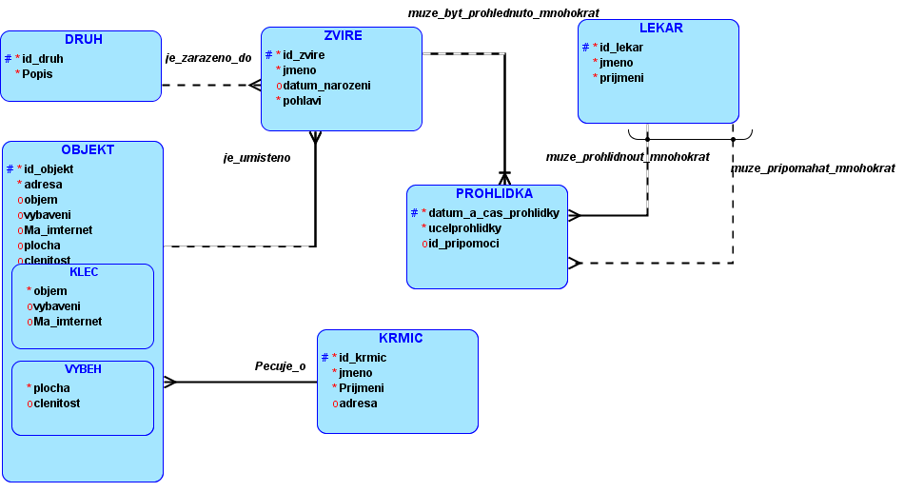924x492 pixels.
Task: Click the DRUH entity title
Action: click(x=84, y=40)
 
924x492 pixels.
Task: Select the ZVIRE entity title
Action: click(x=343, y=36)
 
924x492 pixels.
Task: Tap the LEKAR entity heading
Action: click(x=660, y=29)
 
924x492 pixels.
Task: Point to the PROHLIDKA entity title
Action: click(x=494, y=194)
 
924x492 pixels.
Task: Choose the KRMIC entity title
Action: click(x=401, y=339)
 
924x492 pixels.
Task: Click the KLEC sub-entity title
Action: click(x=84, y=272)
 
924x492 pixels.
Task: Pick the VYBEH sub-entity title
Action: click(x=84, y=369)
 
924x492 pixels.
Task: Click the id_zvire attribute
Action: click(x=304, y=55)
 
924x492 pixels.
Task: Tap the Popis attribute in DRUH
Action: click(x=37, y=74)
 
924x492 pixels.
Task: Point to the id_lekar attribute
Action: click(x=620, y=48)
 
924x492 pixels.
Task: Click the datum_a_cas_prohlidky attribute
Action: click(x=494, y=213)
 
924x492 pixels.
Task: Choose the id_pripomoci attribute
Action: click(x=464, y=244)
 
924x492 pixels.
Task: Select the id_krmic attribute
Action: click(x=363, y=358)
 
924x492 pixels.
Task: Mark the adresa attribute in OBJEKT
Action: click(x=43, y=185)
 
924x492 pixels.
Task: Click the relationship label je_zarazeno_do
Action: click(x=208, y=58)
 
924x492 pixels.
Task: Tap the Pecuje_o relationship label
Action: click(x=281, y=366)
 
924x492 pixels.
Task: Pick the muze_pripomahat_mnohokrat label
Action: click(x=813, y=168)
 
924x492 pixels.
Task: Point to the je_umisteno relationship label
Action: click(x=257, y=158)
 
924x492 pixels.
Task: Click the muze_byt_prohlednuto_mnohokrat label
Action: click(x=503, y=13)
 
